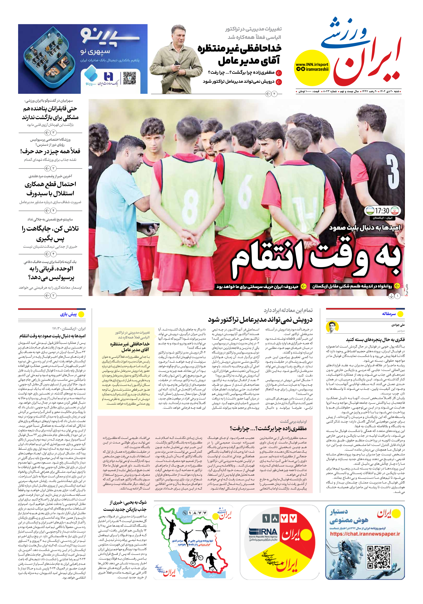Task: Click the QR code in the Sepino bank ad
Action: click(x=129, y=78)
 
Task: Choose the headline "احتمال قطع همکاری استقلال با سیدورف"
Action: click(x=50, y=189)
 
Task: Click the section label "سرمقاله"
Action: click(x=389, y=314)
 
